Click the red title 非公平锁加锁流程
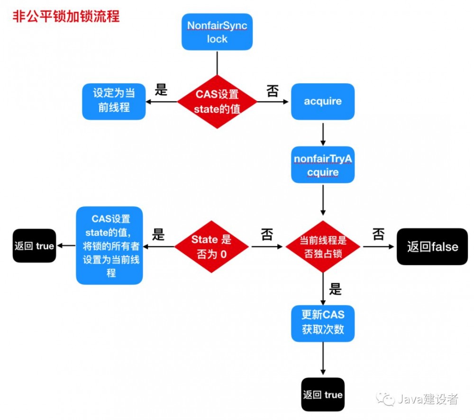tap(65, 17)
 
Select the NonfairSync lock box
tap(217, 32)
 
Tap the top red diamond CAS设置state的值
tap(217, 101)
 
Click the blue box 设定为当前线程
tap(114, 101)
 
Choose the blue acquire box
tap(323, 101)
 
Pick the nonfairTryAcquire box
tap(323, 165)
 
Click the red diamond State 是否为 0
tap(211, 246)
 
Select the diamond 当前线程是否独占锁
tap(323, 246)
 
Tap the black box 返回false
tap(432, 246)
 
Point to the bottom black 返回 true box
tap(323, 394)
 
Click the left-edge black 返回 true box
tap(34, 246)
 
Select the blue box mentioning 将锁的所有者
tap(109, 245)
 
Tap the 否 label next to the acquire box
tap(273, 91)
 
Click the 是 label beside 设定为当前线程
tap(161, 90)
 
